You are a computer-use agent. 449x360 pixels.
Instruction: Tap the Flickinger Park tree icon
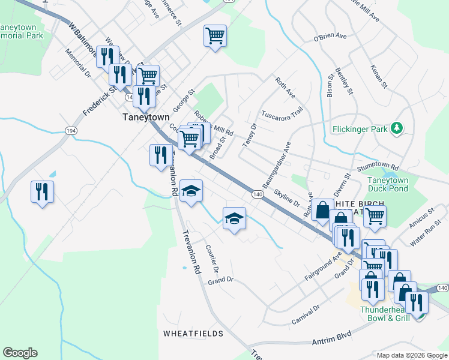(396, 128)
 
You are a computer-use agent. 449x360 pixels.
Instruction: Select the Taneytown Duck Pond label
(388, 184)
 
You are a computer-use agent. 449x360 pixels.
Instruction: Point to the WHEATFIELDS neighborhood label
(193, 334)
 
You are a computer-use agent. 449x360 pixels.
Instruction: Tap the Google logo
(20, 353)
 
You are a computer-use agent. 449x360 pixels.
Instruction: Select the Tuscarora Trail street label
(282, 113)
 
